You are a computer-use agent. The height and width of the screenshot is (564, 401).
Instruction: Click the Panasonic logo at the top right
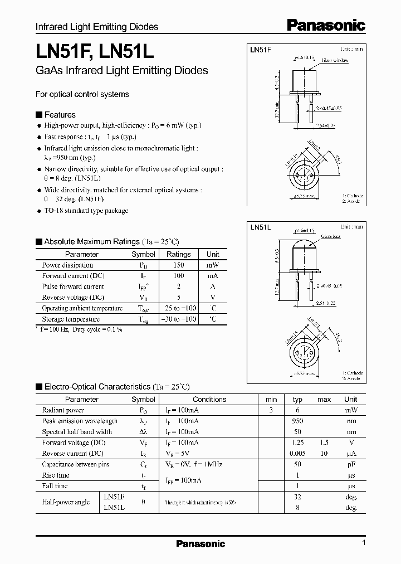(x=326, y=25)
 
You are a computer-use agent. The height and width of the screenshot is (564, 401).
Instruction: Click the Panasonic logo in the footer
(x=200, y=544)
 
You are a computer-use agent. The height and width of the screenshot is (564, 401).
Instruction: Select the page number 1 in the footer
(x=364, y=543)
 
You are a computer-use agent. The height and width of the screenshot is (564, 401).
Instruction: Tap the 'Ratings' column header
(x=178, y=254)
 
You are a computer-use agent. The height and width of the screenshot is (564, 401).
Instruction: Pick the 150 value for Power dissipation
(x=178, y=265)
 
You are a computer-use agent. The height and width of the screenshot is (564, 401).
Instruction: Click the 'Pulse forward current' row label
(x=73, y=286)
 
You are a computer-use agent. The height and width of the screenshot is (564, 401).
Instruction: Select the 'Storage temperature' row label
(x=71, y=319)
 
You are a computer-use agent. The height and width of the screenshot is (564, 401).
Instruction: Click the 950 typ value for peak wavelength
(x=297, y=421)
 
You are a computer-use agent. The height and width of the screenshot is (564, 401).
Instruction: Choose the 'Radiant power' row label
(x=62, y=410)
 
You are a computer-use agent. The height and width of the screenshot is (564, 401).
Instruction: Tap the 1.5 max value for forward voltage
(x=324, y=443)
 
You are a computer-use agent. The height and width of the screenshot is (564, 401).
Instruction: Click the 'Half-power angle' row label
(x=66, y=502)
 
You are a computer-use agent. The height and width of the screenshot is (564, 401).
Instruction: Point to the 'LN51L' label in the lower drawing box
(x=260, y=227)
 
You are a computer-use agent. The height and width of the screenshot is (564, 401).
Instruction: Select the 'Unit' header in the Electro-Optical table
(x=351, y=399)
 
